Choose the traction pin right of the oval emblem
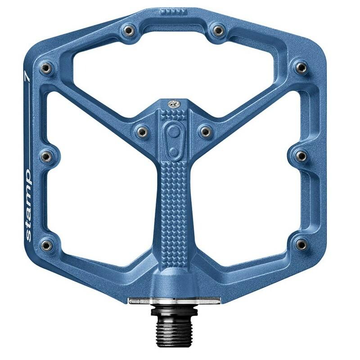205,131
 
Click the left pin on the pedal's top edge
127,31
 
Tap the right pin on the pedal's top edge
218,31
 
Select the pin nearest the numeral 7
45,68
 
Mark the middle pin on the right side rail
300,156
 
